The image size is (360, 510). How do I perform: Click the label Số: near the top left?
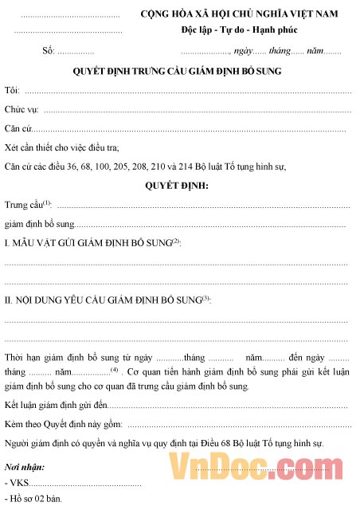(x=48, y=51)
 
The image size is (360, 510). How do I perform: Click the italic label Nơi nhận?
(x=24, y=466)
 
